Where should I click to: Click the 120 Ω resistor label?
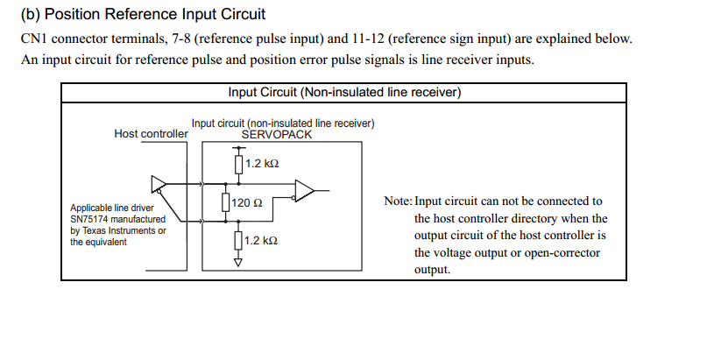pyautogui.click(x=248, y=203)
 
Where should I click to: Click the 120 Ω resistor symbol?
pyautogui.click(x=226, y=203)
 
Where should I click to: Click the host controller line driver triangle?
pyautogui.click(x=159, y=183)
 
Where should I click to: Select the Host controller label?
pyautogui.click(x=151, y=134)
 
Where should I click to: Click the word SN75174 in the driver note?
pyautogui.click(x=91, y=219)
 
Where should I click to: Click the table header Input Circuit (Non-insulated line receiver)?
pyautogui.click(x=344, y=92)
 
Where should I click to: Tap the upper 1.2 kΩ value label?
pyautogui.click(x=262, y=164)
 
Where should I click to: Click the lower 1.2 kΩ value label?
pyautogui.click(x=262, y=240)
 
